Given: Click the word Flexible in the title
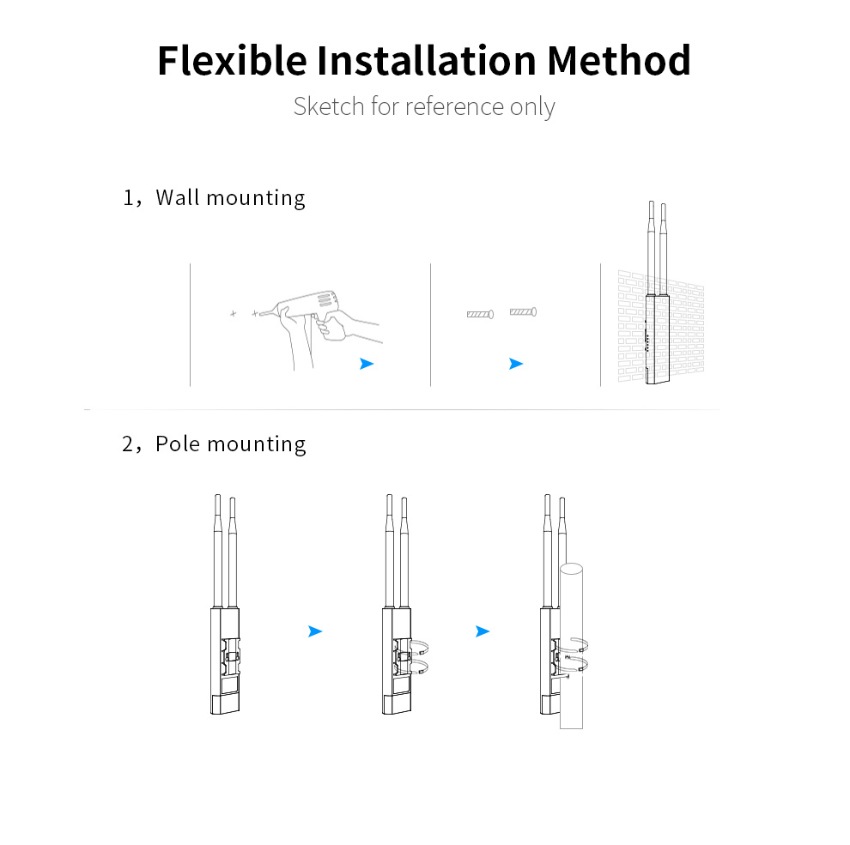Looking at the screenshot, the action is click(x=232, y=60).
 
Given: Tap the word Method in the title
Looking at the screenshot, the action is click(x=618, y=60).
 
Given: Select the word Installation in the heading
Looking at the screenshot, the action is click(x=427, y=60).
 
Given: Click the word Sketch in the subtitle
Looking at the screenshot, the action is click(x=329, y=106).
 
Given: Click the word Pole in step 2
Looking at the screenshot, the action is click(x=178, y=444).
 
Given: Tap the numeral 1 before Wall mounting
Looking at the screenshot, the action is click(x=128, y=198).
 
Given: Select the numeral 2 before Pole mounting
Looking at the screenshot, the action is click(x=128, y=444).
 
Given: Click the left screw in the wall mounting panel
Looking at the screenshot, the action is click(x=480, y=314).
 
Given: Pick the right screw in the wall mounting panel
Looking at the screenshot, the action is click(x=523, y=312).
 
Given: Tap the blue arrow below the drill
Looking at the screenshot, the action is click(x=367, y=364).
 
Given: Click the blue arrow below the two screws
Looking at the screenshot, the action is click(x=516, y=364).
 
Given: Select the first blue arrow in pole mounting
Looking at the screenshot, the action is click(x=315, y=631).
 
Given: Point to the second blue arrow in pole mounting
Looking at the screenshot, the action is click(x=483, y=631).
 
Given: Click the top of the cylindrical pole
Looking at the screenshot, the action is click(x=571, y=570).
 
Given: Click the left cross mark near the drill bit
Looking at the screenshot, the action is click(x=233, y=314).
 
